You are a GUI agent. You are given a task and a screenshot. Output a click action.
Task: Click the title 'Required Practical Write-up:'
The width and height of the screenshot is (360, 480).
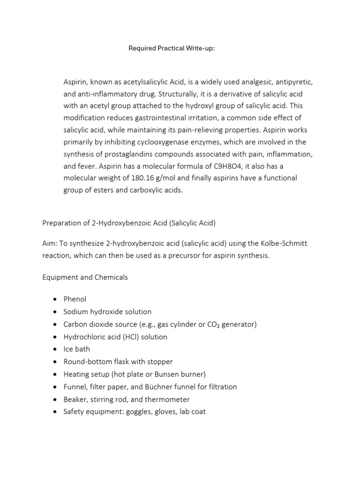[x=172, y=48]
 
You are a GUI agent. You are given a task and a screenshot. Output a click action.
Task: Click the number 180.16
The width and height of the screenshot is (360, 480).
[x=136, y=179]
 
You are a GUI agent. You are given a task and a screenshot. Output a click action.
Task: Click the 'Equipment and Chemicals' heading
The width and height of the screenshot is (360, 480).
[x=85, y=277]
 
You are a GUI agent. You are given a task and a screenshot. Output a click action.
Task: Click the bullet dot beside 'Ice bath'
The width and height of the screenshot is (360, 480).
[x=55, y=349]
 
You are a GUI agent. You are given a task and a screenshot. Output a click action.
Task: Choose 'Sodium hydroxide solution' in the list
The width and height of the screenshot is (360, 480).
[x=107, y=312]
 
